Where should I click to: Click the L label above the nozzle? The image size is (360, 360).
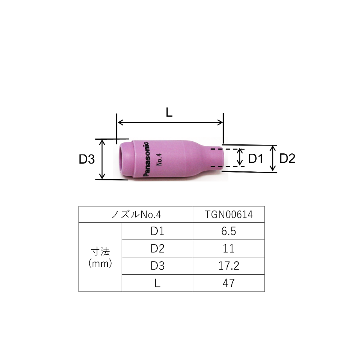[x=169, y=113]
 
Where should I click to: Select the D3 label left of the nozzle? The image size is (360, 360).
[x=86, y=159]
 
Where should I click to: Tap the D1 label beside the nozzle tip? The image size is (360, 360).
[x=256, y=158]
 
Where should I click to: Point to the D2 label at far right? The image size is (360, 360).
[x=287, y=158]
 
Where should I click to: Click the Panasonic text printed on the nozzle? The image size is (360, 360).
[x=146, y=159]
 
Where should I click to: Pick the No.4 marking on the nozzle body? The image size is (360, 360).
[x=159, y=159]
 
